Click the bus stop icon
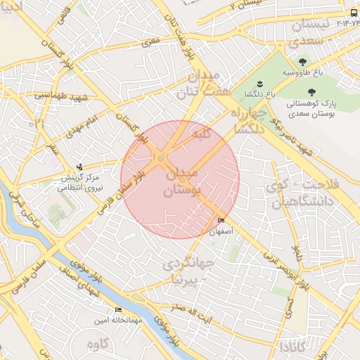click(x=353, y=13)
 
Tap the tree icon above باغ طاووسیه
click(x=303, y=61)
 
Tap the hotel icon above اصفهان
click(x=222, y=221)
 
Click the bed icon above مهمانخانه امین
click(x=118, y=309)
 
